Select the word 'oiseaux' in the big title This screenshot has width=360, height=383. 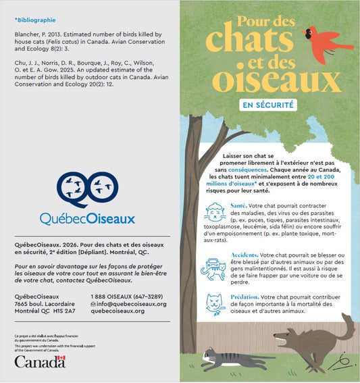pos(278,82)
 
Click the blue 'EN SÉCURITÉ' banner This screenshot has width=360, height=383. pos(268,105)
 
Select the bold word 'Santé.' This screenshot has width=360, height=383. pos(238,205)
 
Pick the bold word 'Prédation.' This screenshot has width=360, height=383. pos(244,297)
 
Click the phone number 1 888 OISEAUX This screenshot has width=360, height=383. pos(126,297)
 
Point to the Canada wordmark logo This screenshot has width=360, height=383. pos(39,363)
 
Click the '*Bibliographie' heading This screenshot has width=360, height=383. pos(35,21)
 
